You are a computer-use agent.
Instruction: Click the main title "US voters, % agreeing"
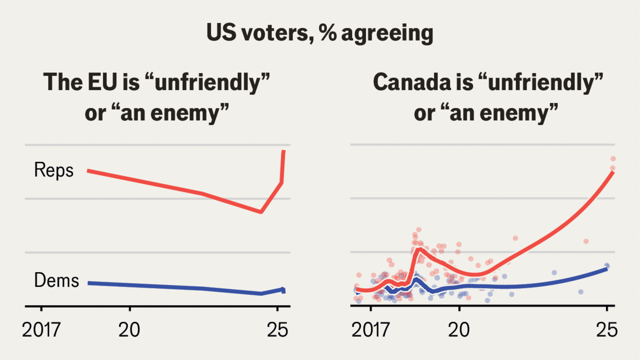pos(319,34)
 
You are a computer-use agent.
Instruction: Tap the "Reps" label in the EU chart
pos(53,170)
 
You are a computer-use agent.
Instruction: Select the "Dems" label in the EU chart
pos(56,280)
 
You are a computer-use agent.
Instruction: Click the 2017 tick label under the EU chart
pos(41,330)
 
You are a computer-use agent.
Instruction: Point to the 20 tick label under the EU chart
pos(129,330)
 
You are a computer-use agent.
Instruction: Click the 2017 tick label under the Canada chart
pos(370,330)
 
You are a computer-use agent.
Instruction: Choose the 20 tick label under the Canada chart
pos(459,330)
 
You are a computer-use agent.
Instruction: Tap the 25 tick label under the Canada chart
pos(606,330)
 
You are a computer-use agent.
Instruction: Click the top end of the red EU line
pos(284,150)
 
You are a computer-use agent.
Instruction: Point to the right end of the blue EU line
pos(283,290)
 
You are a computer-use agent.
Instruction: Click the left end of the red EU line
pos(88,170)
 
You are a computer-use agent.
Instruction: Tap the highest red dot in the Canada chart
pos(612,159)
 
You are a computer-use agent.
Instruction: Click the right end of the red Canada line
pos(612,172)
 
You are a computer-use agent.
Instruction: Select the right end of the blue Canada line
pos(606,268)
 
